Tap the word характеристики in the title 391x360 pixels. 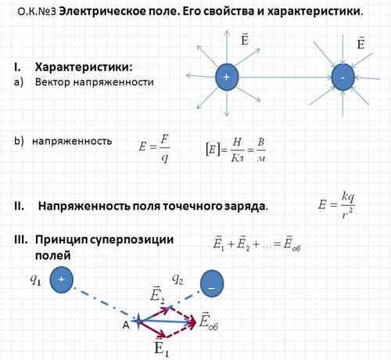click(315, 12)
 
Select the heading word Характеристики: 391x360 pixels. click(84, 67)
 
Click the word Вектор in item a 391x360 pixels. click(52, 82)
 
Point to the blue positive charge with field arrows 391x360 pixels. click(227, 77)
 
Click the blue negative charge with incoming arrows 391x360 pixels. click(343, 77)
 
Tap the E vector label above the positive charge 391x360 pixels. click(245, 39)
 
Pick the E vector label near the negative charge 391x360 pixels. click(361, 42)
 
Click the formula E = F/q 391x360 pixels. click(154, 148)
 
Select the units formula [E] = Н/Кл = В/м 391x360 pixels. click(236, 149)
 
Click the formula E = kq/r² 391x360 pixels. click(336, 206)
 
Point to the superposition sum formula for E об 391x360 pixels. click(256, 243)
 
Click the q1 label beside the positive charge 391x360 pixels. click(35, 279)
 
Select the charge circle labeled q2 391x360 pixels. click(212, 283)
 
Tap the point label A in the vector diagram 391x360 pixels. click(126, 325)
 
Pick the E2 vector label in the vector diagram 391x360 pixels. click(157, 295)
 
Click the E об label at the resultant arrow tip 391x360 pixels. click(209, 322)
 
